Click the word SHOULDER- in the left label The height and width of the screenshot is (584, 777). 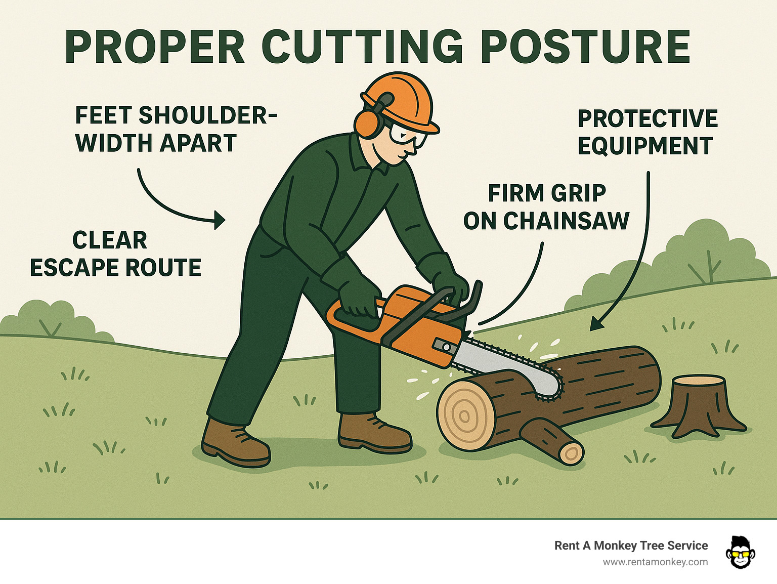tap(208, 116)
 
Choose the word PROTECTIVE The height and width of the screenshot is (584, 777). tap(647, 119)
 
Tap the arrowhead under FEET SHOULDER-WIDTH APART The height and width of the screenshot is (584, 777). tap(220, 220)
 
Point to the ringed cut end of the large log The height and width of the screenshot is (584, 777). tap(463, 415)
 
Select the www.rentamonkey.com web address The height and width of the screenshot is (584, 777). tap(655, 562)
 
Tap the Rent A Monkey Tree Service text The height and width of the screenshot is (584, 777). tap(631, 546)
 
